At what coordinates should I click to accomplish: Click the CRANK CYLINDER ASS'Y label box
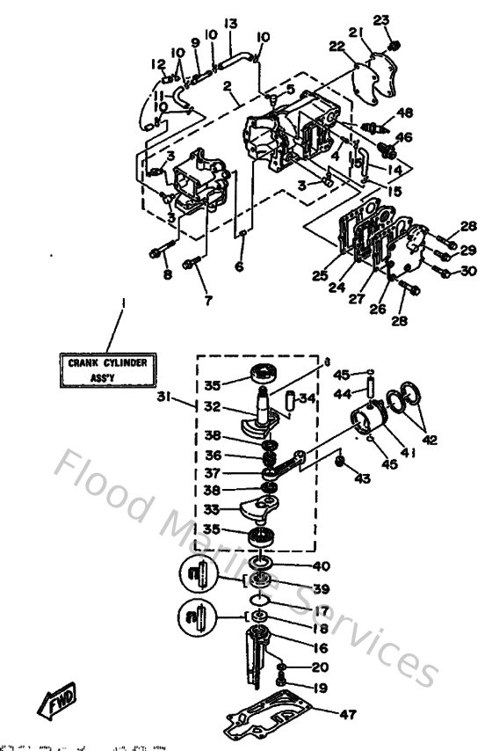[x=108, y=368]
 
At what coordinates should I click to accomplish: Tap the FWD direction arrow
[x=55, y=704]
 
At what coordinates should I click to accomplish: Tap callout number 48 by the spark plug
[x=404, y=112]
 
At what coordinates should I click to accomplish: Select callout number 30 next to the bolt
[x=468, y=272]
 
